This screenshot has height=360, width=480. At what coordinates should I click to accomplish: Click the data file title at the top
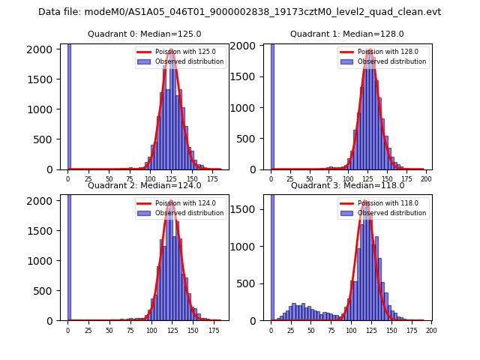tap(239, 12)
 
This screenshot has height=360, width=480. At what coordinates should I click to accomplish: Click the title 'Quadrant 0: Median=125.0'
tap(144, 34)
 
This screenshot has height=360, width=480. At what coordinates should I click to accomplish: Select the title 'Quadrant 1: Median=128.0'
tap(347, 34)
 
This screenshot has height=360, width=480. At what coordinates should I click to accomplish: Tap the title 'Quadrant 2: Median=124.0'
tap(144, 185)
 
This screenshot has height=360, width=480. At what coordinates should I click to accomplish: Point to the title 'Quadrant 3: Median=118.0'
tap(347, 185)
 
